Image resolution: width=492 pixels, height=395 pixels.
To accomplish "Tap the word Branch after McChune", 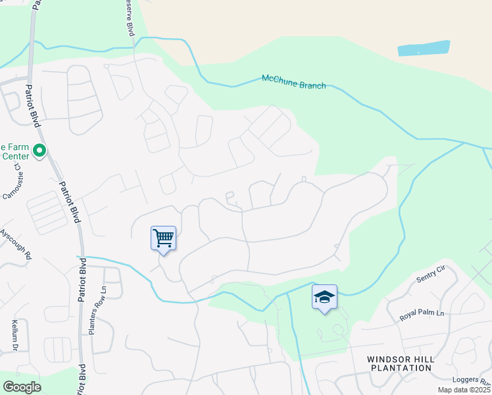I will (312, 84).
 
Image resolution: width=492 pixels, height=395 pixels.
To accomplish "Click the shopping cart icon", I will (163, 238).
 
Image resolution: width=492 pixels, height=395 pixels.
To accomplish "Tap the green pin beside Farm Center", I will (39, 151).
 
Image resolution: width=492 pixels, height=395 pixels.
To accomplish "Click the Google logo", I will (22, 387).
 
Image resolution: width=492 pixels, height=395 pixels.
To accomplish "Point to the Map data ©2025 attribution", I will (464, 390).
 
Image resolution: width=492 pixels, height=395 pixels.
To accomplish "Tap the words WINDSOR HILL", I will (399, 359).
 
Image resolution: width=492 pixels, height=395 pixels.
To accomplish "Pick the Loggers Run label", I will (472, 381).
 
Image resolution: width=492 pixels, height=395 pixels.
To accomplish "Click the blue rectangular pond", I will (424, 49).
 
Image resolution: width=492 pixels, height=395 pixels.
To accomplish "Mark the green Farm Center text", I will (14, 151).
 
